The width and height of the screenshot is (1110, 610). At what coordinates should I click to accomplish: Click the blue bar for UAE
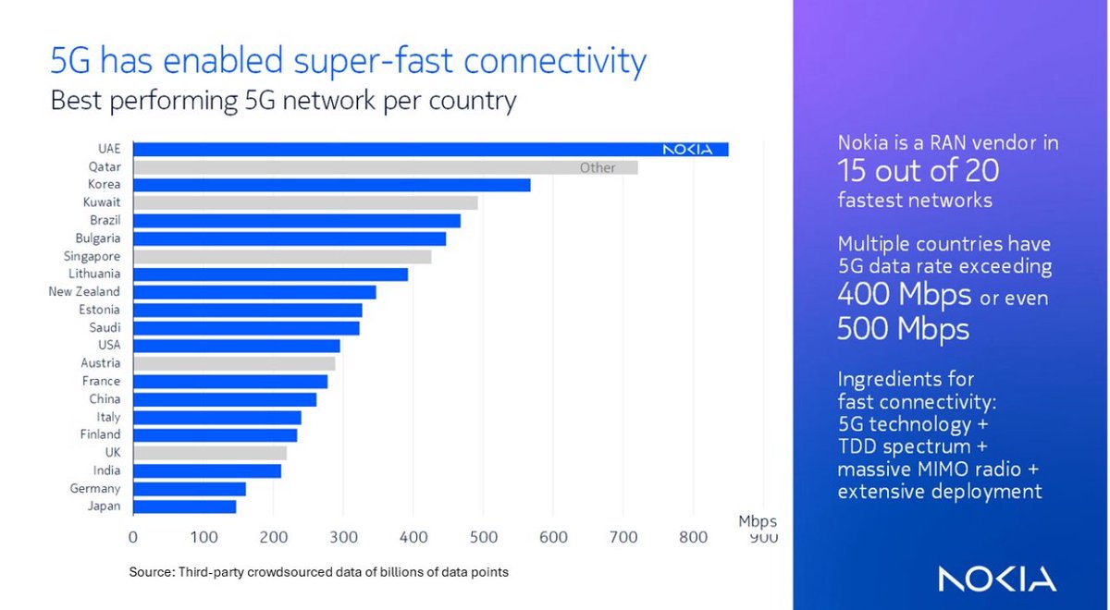[x=398, y=150]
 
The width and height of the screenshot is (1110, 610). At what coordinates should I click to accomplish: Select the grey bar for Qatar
[x=370, y=167]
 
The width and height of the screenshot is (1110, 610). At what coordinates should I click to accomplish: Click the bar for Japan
[x=185, y=506]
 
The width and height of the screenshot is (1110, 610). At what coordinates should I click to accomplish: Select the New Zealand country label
[x=84, y=292]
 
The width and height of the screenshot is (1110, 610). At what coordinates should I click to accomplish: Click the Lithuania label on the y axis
[x=94, y=274]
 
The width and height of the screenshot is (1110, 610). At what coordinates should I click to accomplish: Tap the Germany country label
[x=96, y=488]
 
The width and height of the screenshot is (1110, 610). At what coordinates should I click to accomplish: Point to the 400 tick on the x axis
[x=413, y=537]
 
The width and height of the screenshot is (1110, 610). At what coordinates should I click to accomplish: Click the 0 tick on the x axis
[x=133, y=537]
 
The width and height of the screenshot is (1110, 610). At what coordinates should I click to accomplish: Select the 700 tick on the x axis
[x=623, y=537]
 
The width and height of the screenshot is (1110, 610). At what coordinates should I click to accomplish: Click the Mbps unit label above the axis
[x=757, y=521]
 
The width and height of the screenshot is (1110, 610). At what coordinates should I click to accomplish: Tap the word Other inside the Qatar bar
[x=598, y=168]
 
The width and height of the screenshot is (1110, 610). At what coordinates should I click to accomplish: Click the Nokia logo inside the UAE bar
[x=687, y=150]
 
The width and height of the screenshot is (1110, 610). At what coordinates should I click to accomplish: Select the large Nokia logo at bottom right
[x=997, y=579]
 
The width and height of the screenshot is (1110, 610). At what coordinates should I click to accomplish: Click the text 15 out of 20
[x=918, y=171]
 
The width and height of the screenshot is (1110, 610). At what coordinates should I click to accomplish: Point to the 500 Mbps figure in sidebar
[x=903, y=329]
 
